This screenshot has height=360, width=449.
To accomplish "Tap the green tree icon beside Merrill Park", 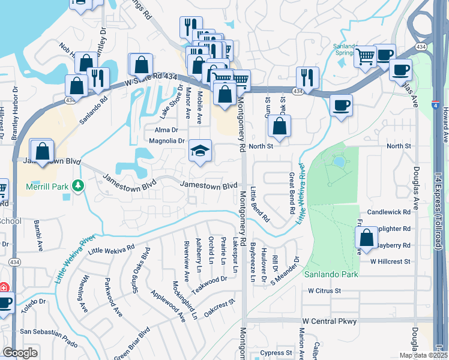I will pos(77,187).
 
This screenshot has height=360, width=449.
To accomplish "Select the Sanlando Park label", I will pos(331,274).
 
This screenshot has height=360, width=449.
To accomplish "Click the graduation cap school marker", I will pos(200,150).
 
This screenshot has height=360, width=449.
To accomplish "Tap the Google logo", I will pos(20,353).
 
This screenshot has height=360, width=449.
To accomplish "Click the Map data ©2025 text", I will pos(423,355).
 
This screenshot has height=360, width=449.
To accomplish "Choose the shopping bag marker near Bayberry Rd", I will pos(366,238).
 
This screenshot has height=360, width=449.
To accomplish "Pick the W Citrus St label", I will pos(324,290).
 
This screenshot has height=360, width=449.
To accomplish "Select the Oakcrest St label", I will pos(217,307).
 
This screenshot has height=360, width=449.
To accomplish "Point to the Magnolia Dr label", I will pos(167,141).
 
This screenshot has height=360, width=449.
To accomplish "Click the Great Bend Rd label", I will pos(292,193).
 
